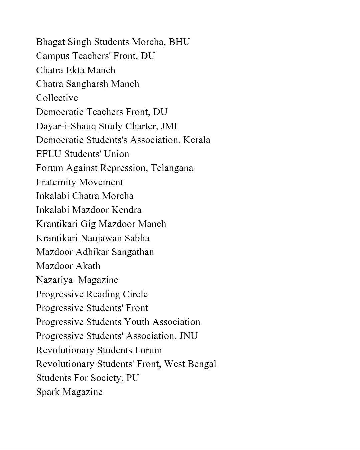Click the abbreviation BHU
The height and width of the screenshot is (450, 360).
[x=179, y=42]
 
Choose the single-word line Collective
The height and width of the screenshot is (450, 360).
[x=57, y=98]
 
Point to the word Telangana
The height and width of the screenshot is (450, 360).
[x=172, y=168]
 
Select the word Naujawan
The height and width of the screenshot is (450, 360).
[x=101, y=238]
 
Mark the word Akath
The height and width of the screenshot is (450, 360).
[x=88, y=266]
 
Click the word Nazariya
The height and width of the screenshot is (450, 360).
[x=54, y=280]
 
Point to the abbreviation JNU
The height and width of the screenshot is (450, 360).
[x=188, y=336]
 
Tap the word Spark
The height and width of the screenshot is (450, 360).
[x=48, y=392]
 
